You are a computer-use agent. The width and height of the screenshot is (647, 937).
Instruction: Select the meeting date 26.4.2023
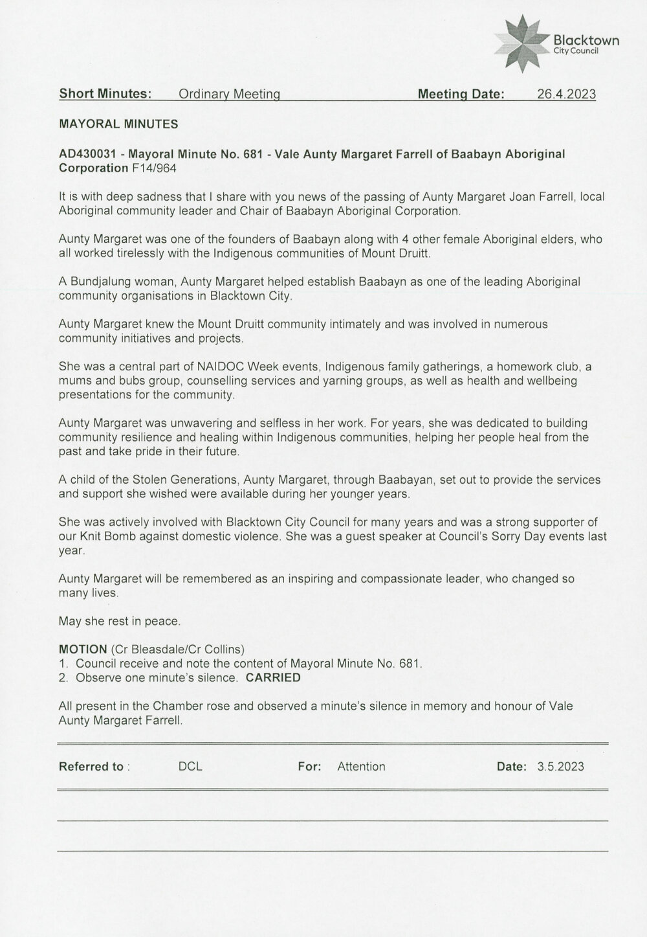pos(566,95)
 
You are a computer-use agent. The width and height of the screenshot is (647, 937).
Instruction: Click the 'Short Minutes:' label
pos(105,94)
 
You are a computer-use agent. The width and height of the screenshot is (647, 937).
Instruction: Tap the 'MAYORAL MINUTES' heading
pos(118,123)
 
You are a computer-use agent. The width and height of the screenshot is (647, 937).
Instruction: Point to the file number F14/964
pos(153,168)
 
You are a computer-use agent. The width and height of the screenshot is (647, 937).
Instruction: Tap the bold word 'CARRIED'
pos(274,678)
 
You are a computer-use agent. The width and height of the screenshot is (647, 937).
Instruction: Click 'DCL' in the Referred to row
pos(190,767)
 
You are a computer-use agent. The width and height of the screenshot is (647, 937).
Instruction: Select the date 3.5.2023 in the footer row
pos(560,767)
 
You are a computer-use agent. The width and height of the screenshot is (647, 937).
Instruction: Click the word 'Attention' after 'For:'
pos(361,767)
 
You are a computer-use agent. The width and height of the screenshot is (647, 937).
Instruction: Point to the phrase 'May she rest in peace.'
pos(120,621)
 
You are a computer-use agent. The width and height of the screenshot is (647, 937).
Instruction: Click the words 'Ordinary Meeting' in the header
pos(229,95)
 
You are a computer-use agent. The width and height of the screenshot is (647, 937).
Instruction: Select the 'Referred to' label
pos(91,767)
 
